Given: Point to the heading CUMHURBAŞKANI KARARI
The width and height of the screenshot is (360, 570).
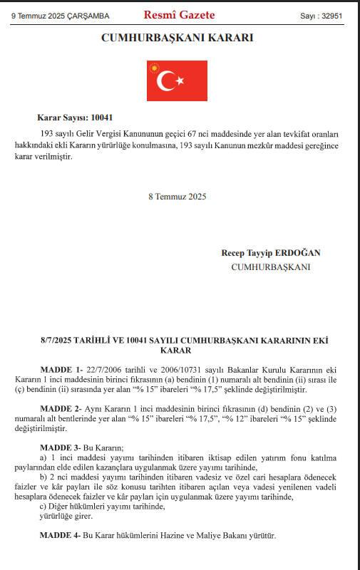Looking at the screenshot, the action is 180,36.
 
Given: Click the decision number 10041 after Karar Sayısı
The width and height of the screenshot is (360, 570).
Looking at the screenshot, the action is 102,117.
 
